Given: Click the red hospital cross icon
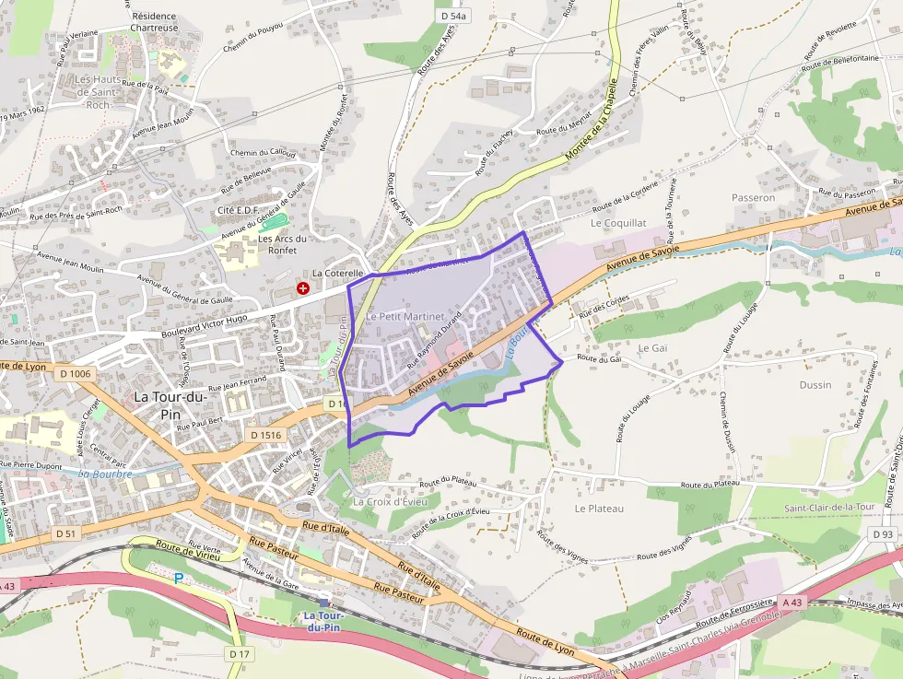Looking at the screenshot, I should click(302, 288).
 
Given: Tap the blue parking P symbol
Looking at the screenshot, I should click(180, 578).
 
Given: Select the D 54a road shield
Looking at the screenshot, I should click(454, 17).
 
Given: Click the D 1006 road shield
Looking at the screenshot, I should click(73, 373).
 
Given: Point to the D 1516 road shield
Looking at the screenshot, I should click(264, 434).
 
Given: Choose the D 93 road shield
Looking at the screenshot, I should click(883, 534).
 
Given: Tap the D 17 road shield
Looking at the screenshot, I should click(240, 654).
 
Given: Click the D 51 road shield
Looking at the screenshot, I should click(64, 533).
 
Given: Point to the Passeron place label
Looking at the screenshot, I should click(753, 197).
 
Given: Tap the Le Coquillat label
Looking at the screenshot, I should click(618, 223).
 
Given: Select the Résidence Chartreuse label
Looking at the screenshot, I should click(153, 22).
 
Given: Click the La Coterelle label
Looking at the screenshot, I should click(338, 274).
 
